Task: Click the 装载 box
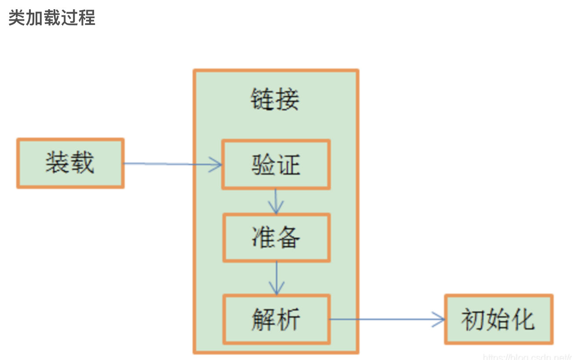click(70, 163)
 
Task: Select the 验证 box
click(276, 165)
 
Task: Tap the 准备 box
click(276, 238)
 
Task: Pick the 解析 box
click(276, 319)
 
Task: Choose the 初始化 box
click(498, 319)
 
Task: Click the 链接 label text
click(275, 99)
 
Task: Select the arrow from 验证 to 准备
click(276, 202)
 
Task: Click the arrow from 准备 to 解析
click(276, 278)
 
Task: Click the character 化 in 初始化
click(523, 319)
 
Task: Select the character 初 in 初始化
click(473, 319)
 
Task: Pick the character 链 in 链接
click(263, 99)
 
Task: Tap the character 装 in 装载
click(58, 163)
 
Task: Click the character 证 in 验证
click(289, 165)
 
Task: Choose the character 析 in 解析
click(289, 319)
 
